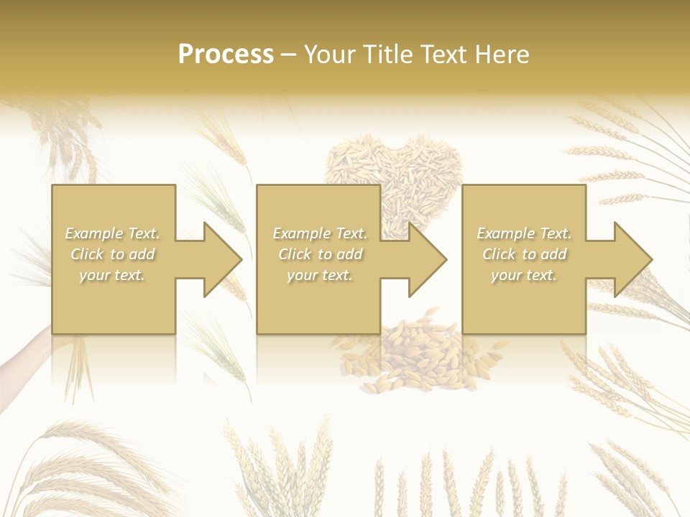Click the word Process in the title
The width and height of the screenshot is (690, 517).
click(226, 55)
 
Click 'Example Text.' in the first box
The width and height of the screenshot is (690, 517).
click(113, 233)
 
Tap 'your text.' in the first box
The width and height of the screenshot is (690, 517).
click(113, 275)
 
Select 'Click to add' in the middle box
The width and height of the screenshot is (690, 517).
click(320, 254)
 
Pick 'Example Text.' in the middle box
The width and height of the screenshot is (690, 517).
click(320, 233)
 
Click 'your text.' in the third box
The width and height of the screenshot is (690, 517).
click(524, 275)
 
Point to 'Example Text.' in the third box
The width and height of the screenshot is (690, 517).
click(524, 233)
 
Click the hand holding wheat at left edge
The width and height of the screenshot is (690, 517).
click(22, 352)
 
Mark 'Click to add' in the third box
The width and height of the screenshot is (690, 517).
click(524, 254)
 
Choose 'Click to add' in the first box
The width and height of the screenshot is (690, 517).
click(113, 254)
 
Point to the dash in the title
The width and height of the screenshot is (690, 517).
click(289, 55)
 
